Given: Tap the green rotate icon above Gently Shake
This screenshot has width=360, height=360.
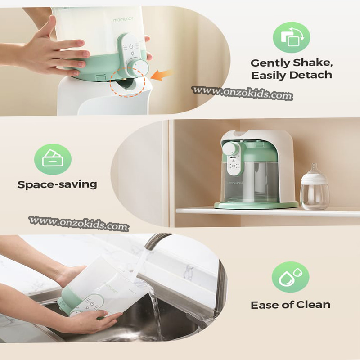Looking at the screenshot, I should [291, 37].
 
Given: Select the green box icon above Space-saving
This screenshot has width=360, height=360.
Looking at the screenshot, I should [53, 158].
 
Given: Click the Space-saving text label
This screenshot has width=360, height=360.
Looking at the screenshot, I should [57, 184].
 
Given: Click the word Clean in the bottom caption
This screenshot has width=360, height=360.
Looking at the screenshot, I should [313, 305].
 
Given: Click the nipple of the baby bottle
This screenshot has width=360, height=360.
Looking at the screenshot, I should [314, 170].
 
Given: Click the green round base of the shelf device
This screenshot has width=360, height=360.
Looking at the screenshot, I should [256, 205].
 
